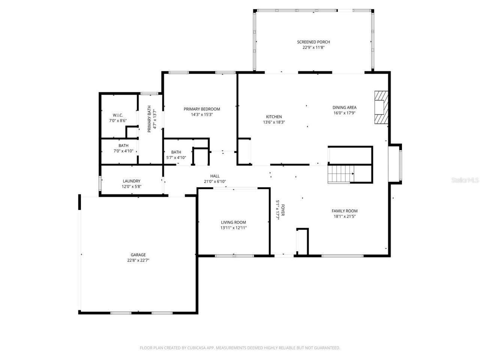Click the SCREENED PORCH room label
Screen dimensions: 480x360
313,42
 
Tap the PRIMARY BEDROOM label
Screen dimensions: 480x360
202,109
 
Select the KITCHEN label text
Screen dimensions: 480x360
274,117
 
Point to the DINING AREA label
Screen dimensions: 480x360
344,108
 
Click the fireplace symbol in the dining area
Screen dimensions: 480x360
381,107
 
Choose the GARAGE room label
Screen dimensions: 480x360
138,255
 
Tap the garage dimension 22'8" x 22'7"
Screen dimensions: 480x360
138,260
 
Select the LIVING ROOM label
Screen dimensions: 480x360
233,222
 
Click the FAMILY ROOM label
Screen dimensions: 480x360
344,211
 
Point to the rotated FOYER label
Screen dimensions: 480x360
282,210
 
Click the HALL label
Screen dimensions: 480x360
215,176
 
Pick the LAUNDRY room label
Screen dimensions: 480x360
131,181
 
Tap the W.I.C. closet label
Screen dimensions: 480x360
118,115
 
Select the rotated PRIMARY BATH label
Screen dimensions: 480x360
149,119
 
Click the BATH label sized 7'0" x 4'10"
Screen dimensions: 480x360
123,145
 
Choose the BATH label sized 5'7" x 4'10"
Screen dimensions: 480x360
176,152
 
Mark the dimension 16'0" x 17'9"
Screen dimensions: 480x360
344,113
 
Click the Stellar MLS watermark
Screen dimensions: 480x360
465,180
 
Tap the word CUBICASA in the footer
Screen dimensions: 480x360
196,348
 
